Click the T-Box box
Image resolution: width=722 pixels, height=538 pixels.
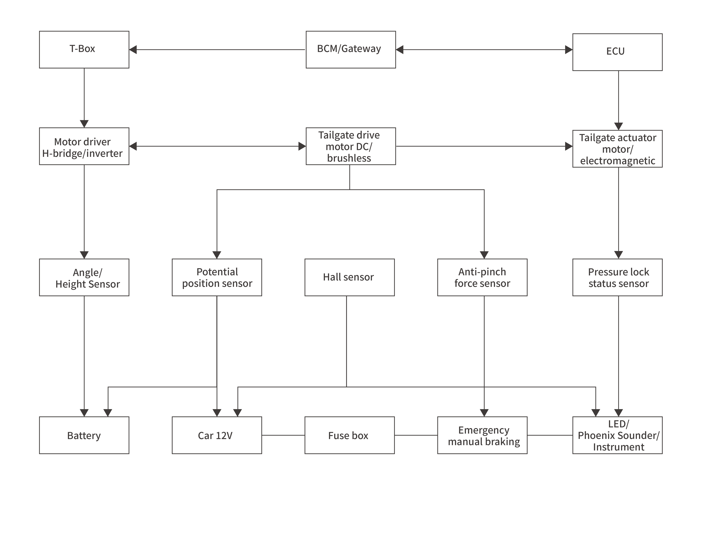pos(84,50)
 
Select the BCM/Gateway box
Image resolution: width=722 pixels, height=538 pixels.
pos(351,50)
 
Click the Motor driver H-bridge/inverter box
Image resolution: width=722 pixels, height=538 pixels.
pos(84,146)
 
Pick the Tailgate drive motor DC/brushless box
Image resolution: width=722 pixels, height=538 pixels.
pos(351,146)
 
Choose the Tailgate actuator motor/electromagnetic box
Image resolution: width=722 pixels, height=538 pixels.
pos(617,149)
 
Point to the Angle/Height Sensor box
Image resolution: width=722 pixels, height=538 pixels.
pos(84,277)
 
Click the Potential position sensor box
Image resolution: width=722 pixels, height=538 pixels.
pos(217,277)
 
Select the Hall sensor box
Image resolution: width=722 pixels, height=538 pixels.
pos(349,277)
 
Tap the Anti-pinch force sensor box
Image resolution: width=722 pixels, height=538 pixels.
pos(482,277)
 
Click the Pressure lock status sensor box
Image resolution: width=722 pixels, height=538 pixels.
pos(617,277)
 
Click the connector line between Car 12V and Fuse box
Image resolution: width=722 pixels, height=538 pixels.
pos(283,435)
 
